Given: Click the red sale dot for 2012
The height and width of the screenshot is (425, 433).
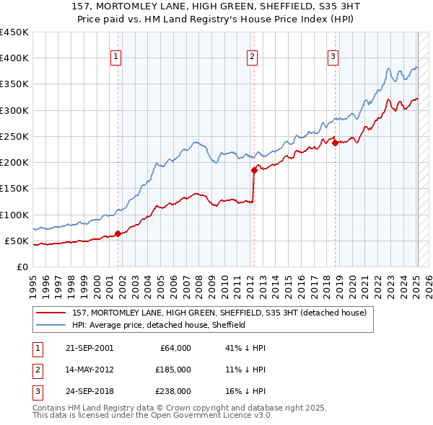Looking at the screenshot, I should (254, 170).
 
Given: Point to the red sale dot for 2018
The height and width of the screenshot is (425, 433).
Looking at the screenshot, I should (336, 143).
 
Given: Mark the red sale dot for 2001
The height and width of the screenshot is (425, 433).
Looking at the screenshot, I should (118, 233).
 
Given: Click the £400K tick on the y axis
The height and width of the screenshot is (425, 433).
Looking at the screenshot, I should (14, 58).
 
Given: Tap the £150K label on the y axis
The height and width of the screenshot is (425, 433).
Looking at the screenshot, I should (14, 189).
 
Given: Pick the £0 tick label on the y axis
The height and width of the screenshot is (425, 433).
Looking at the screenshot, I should (22, 267).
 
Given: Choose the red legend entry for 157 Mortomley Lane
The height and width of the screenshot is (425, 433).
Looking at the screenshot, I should (219, 313).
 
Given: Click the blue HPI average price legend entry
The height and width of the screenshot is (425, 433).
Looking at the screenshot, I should (159, 325).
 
